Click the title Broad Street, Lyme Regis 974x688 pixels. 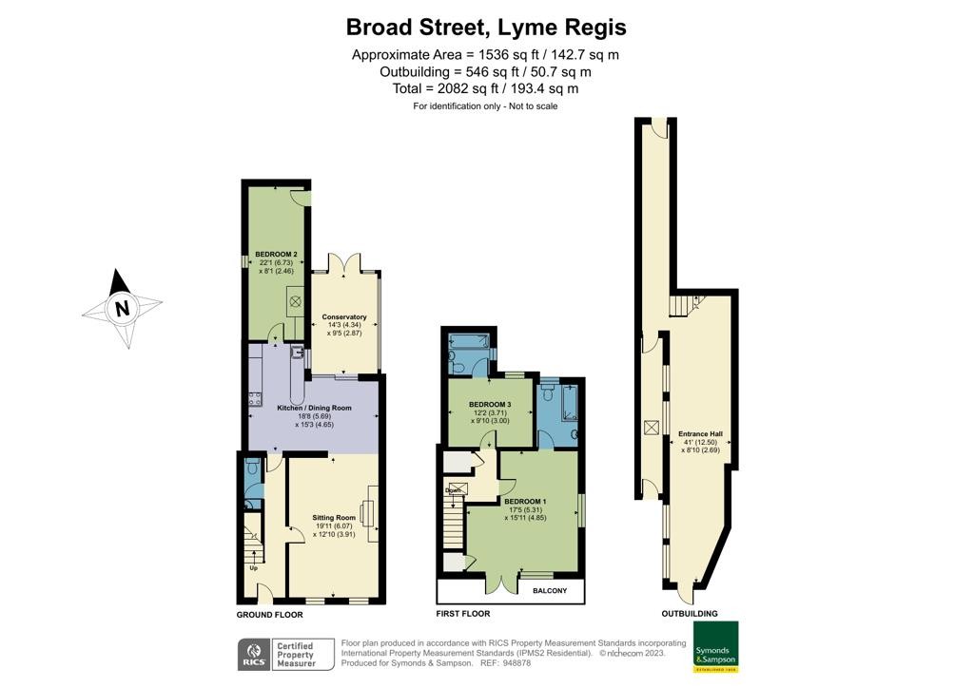click(486, 27)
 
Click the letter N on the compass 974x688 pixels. click(122, 309)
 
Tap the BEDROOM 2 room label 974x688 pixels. click(276, 255)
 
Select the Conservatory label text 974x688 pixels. click(344, 317)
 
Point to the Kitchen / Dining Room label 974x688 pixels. click(314, 408)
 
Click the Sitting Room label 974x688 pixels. click(333, 518)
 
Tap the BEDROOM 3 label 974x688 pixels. click(490, 405)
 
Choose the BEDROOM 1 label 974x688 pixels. click(525, 501)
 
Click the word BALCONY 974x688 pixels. click(550, 591)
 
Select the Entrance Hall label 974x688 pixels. click(703, 434)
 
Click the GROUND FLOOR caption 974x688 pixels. click(269, 615)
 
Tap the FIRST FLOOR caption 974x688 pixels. click(462, 615)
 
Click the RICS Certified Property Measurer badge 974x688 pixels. click(285, 654)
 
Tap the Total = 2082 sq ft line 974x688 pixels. click(486, 88)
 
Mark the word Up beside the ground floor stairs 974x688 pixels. click(253, 568)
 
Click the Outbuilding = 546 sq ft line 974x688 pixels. click(486, 71)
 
